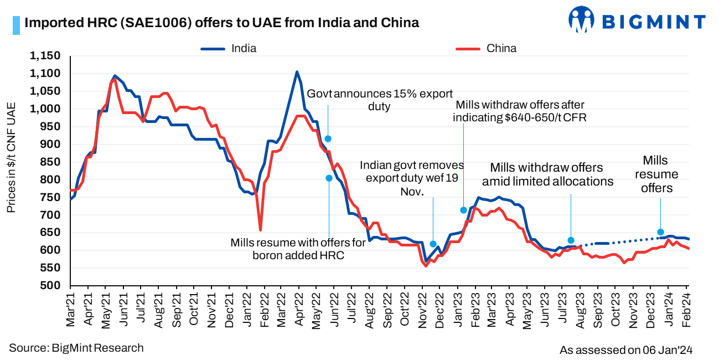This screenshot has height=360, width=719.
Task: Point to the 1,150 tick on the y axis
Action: click(x=45, y=56)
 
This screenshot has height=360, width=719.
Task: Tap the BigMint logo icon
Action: click(x=581, y=20)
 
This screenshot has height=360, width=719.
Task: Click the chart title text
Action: click(x=221, y=23)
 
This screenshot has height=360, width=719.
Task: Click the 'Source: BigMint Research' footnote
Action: click(x=76, y=348)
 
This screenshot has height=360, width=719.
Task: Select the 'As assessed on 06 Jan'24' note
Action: click(x=626, y=350)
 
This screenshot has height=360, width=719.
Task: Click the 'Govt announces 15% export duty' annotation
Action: click(x=379, y=100)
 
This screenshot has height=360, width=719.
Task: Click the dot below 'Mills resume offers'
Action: click(x=660, y=232)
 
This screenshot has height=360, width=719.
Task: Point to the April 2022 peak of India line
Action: click(x=297, y=71)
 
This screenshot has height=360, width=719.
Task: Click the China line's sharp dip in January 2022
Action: click(x=260, y=230)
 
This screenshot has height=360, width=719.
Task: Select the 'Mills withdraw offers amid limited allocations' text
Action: click(x=547, y=174)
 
